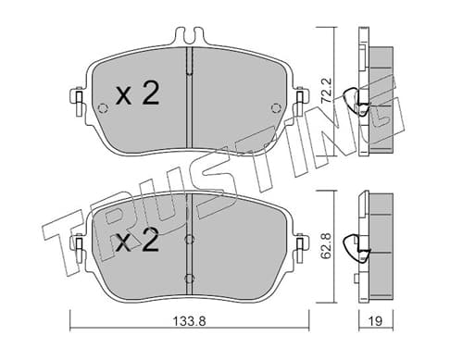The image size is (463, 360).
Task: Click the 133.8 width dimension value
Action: [x=189, y=321]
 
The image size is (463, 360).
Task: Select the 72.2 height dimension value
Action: [x=326, y=91]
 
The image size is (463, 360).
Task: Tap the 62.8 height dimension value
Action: [x=327, y=246]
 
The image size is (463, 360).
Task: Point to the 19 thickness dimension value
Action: [x=375, y=321]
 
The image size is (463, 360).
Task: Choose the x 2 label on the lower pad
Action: [x=138, y=240]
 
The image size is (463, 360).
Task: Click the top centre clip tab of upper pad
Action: [x=189, y=35]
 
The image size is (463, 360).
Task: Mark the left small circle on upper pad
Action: [x=102, y=108]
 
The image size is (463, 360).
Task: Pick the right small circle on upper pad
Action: [x=276, y=108]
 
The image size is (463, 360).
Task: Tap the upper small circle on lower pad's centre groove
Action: [x=189, y=240]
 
